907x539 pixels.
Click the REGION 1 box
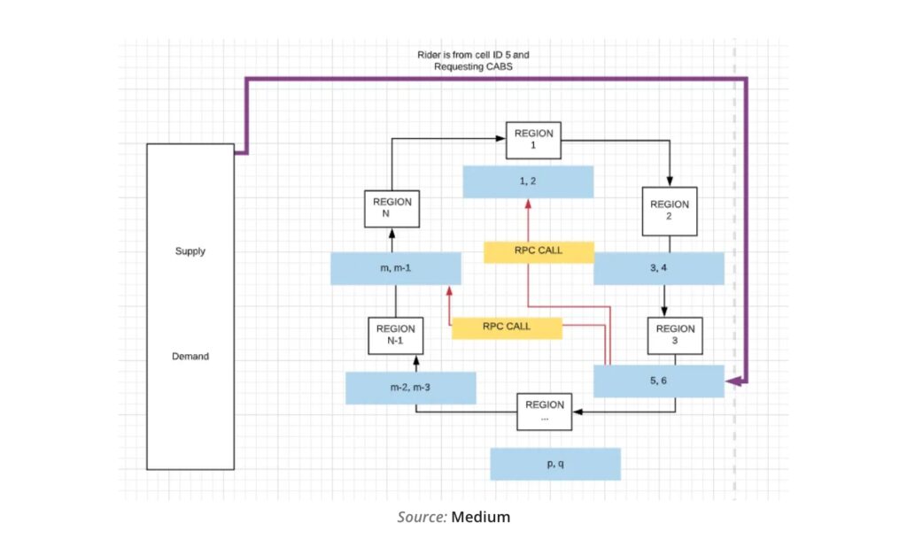[x=533, y=140]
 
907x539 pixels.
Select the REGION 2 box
[x=670, y=211]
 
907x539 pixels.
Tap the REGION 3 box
[x=675, y=335]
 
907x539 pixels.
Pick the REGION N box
[x=391, y=208]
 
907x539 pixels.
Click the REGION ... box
[x=544, y=412]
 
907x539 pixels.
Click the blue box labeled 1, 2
[x=528, y=181]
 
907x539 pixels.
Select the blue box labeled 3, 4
[x=658, y=268]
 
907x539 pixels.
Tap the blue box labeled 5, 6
[x=658, y=381]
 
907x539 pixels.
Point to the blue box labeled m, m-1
[x=395, y=268]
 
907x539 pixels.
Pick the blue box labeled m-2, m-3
[x=410, y=388]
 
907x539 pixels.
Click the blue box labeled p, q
[x=555, y=464]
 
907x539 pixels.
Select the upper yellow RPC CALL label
[x=538, y=251]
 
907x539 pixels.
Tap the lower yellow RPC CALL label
[x=507, y=327]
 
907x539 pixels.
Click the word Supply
[x=190, y=251]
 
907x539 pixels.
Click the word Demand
[x=190, y=357]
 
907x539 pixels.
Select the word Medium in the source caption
[x=481, y=517]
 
